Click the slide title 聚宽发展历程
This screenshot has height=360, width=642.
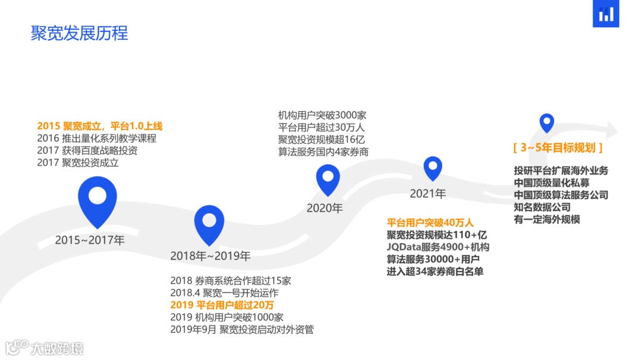pyautogui.click(x=79, y=33)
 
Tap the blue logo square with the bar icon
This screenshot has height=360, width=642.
pyautogui.click(x=606, y=14)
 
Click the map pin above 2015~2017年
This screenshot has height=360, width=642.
pyautogui.click(x=97, y=199)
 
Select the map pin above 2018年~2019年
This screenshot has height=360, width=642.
pyautogui.click(x=209, y=223)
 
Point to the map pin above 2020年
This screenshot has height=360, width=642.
pyautogui.click(x=328, y=178)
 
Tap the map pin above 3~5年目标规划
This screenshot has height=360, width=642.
pyautogui.click(x=546, y=122)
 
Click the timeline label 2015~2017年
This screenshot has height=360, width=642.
pyautogui.click(x=90, y=241)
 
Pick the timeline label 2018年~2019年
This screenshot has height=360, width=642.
pyautogui.click(x=210, y=256)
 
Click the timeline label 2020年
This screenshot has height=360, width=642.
pyautogui.click(x=325, y=209)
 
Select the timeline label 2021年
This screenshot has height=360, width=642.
pyautogui.click(x=427, y=194)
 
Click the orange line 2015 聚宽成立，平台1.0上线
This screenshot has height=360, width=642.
pyautogui.click(x=99, y=126)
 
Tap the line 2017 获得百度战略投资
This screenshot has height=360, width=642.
pyautogui.click(x=87, y=150)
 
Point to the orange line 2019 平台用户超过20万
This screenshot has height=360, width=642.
pyautogui.click(x=222, y=305)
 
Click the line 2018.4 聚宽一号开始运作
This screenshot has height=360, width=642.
pyautogui.click(x=224, y=293)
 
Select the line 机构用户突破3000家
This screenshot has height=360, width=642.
pyautogui.click(x=322, y=115)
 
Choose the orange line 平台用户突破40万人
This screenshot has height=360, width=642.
pyautogui.click(x=430, y=223)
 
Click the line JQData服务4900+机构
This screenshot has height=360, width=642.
pyautogui.click(x=438, y=247)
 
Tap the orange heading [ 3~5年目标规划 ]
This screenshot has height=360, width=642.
pyautogui.click(x=558, y=147)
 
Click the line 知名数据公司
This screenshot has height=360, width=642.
pyautogui.click(x=542, y=207)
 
